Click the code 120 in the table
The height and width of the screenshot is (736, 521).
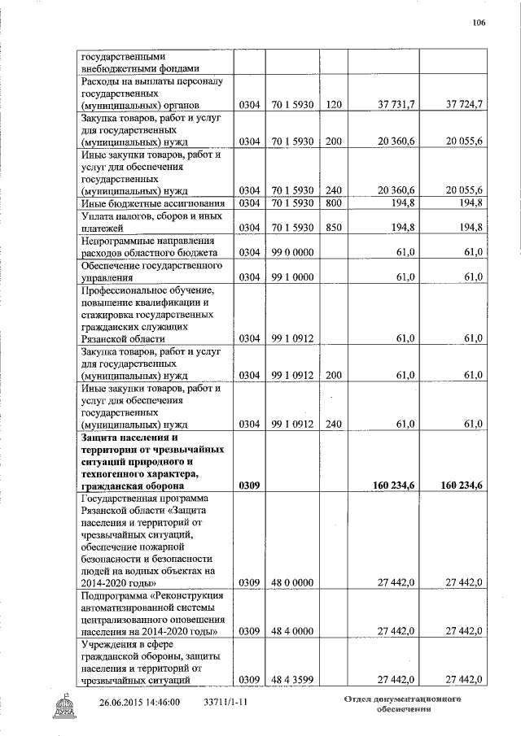pos(332,104)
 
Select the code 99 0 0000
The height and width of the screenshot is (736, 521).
pos(292,254)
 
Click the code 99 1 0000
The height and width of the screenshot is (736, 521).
pos(292,278)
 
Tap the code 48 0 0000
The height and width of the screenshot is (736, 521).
pos(292,582)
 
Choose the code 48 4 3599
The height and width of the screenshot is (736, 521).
pos(292,679)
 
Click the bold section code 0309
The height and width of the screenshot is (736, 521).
pos(249,486)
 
